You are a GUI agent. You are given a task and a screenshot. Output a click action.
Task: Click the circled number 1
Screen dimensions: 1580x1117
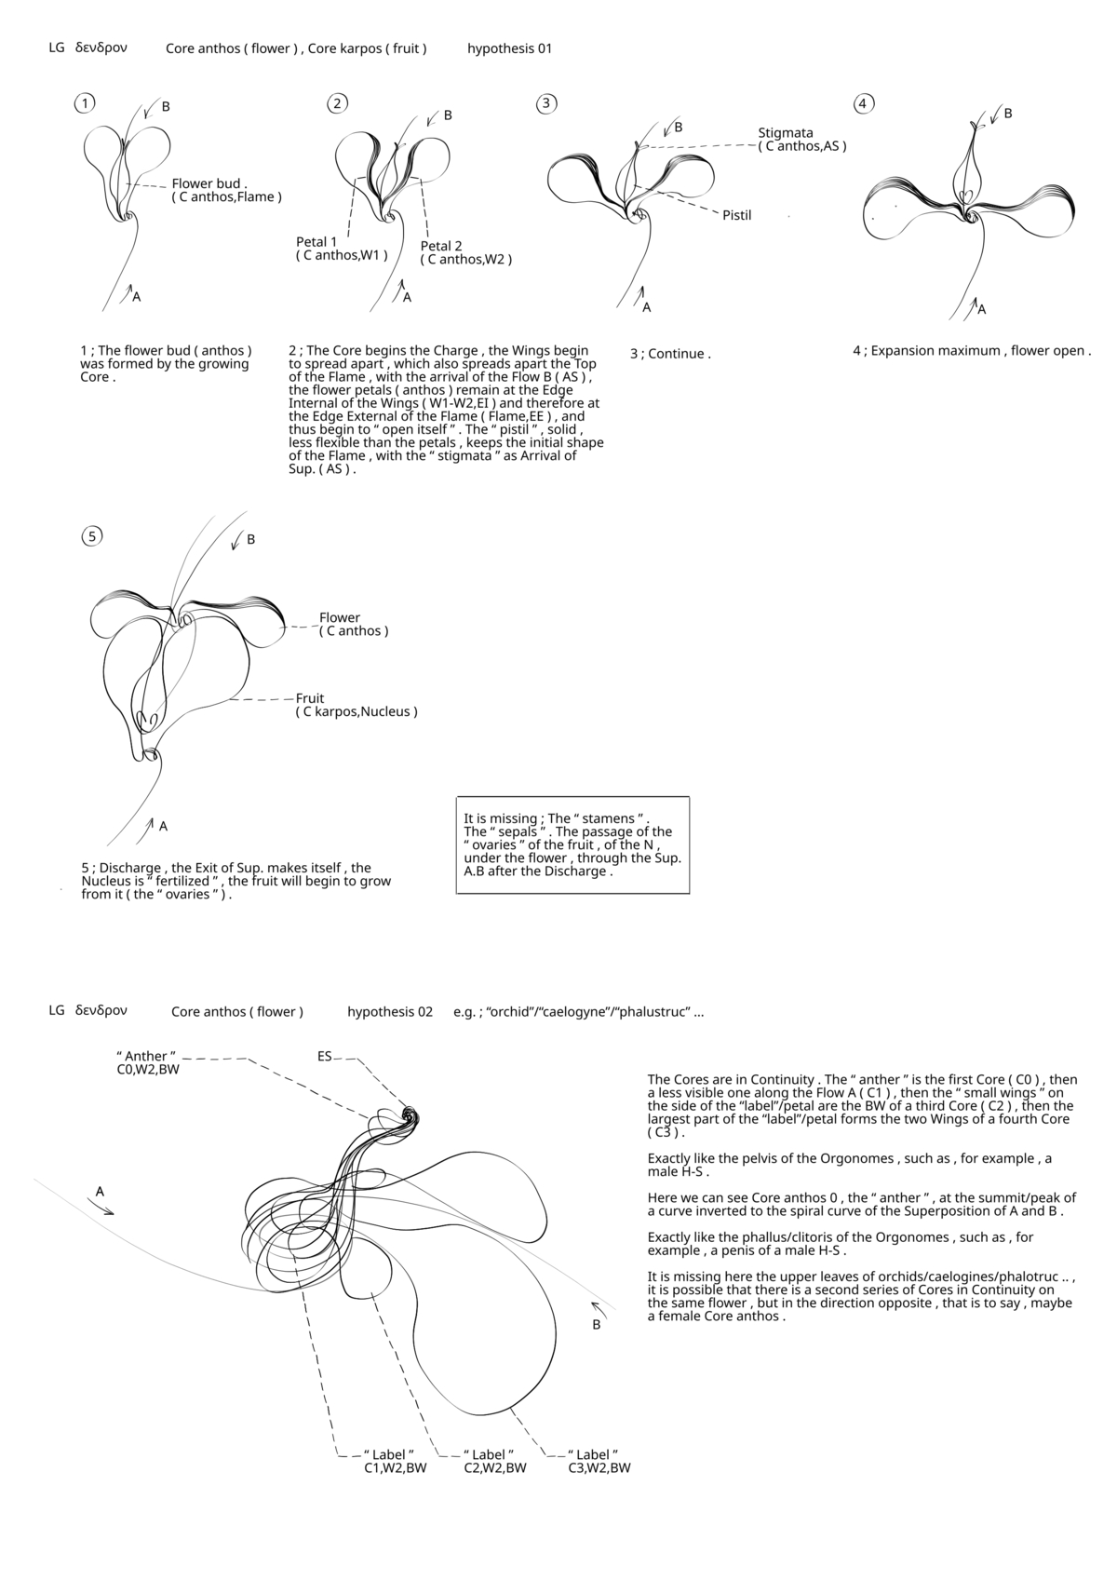[x=85, y=103]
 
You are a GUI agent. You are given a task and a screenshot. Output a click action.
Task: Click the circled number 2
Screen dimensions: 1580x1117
[x=338, y=103]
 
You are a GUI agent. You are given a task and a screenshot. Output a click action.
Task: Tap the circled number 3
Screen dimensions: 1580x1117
[x=546, y=103]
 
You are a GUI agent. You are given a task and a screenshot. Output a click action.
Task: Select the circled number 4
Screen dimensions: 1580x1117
[x=863, y=103]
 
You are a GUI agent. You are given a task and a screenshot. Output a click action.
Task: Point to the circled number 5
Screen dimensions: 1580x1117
[x=91, y=535]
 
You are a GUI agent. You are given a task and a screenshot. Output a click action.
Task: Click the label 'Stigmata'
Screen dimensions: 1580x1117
[x=786, y=132]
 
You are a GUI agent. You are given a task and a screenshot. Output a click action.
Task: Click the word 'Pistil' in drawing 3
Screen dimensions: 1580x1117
[x=737, y=215]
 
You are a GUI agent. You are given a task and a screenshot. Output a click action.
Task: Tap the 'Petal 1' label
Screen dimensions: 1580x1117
[x=317, y=242]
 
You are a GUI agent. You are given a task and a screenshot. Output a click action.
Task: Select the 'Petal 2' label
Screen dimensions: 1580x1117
[x=441, y=246]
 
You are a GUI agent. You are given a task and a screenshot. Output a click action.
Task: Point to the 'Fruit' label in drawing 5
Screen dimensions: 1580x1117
[x=310, y=698]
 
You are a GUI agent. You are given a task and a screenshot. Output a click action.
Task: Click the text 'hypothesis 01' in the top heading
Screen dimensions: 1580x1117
[x=509, y=48]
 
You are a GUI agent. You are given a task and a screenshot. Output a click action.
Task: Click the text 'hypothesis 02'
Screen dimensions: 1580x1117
[x=390, y=1011]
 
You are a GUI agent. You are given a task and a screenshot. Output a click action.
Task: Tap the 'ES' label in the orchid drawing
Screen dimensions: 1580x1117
[x=325, y=1056]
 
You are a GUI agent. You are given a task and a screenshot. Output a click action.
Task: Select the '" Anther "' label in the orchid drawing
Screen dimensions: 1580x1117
[x=146, y=1056]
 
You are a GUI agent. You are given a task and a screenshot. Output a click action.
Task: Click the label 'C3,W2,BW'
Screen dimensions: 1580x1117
[x=599, y=1468]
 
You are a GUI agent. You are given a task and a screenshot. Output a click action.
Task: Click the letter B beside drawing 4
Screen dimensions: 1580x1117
[x=1008, y=114]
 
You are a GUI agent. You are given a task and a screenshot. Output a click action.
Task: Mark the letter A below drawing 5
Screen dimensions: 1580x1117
[x=163, y=826]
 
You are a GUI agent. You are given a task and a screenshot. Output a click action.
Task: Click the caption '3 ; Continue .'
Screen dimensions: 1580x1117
[x=670, y=354]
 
